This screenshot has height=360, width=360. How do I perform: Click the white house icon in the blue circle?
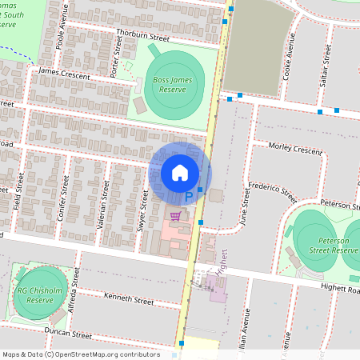(180, 173)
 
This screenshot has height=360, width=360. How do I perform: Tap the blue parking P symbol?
(190, 195)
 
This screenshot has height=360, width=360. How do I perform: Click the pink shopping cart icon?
(175, 214)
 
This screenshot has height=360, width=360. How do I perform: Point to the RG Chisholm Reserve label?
(34, 295)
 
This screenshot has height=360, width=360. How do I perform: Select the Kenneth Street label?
(128, 299)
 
